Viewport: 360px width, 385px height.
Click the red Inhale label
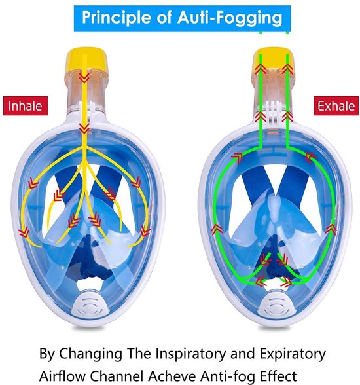click(26, 106)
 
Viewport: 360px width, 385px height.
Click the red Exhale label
click(336, 106)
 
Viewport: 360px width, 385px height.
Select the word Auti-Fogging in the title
click(230, 18)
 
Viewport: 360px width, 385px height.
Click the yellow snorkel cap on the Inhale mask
click(87, 60)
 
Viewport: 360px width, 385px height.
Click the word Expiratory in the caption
click(293, 354)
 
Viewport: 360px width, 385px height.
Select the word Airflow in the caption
click(63, 376)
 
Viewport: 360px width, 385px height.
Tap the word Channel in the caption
click(117, 376)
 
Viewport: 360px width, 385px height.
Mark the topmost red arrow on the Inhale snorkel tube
click(84, 77)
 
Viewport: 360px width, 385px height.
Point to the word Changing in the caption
click(90, 354)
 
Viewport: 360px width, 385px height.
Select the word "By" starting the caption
click(47, 354)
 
